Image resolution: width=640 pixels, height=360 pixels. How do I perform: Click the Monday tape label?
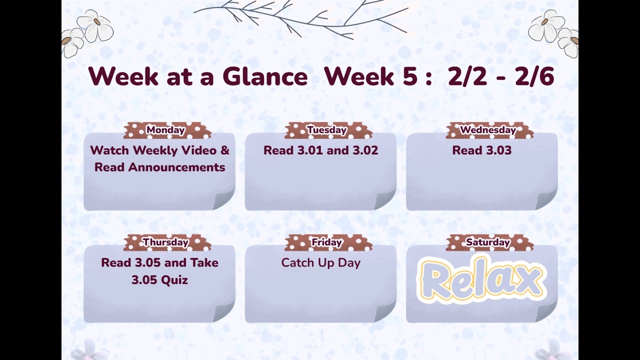pos(166,130)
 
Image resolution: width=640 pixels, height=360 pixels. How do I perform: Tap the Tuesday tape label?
pos(327,130)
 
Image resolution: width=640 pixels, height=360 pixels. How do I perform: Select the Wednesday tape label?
pos(488,130)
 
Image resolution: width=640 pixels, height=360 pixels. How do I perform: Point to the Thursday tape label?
pos(166,242)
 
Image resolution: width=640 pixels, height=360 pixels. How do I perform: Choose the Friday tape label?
pos(327,242)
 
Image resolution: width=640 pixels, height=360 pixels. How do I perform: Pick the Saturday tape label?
pos(488,242)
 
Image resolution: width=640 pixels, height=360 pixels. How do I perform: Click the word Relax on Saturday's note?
pos(481,279)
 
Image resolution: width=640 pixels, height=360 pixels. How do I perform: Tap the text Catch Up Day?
pos(320,263)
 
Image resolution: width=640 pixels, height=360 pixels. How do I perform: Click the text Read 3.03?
pos(481,150)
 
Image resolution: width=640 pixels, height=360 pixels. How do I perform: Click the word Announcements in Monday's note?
pos(176,167)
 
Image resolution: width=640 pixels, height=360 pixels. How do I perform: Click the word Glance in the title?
pos(264,77)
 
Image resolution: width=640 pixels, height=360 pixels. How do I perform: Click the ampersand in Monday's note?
pos(225,150)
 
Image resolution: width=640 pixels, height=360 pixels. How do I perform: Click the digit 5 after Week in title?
pos(409,77)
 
